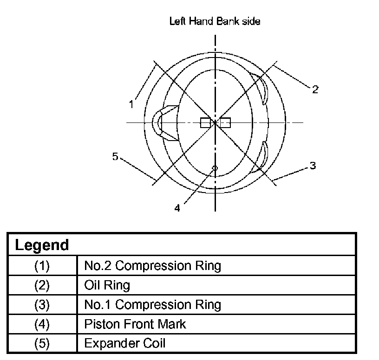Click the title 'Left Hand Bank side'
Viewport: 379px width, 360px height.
(215, 22)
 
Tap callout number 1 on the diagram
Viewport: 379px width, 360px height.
(132, 104)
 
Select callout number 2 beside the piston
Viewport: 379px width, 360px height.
(315, 90)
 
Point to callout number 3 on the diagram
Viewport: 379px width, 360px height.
(313, 165)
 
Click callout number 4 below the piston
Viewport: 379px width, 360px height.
(177, 208)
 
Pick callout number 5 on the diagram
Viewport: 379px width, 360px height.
(115, 156)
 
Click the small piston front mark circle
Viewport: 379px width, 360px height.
(214, 167)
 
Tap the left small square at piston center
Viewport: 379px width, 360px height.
(205, 122)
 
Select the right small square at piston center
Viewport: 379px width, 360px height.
(225, 122)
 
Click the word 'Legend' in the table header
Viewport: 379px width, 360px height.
(42, 245)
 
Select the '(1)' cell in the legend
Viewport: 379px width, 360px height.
(42, 266)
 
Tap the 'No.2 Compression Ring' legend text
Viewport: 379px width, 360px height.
(152, 266)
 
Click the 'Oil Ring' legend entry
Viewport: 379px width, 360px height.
(107, 285)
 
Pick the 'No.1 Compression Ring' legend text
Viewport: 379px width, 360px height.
(152, 305)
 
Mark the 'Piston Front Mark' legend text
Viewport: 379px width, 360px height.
(135, 324)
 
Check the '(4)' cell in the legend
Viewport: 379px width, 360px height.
(42, 324)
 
